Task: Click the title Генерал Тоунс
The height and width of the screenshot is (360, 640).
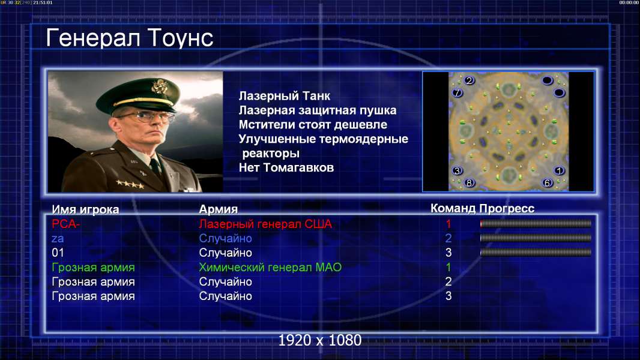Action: click(x=130, y=38)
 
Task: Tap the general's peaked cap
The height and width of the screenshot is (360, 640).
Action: click(x=138, y=95)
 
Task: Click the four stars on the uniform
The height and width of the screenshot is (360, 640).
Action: click(x=130, y=184)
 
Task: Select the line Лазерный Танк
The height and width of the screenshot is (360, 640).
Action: click(x=284, y=96)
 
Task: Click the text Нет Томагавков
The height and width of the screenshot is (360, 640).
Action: click(x=286, y=167)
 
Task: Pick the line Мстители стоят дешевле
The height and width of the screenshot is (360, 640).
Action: click(x=313, y=125)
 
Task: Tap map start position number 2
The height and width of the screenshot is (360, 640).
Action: click(x=469, y=80)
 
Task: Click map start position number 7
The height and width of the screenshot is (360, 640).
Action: click(x=457, y=93)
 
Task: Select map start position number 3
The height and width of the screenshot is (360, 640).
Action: click(x=457, y=170)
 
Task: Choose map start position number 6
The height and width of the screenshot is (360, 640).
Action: click(x=548, y=183)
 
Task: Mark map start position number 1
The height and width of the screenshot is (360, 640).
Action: click(x=559, y=170)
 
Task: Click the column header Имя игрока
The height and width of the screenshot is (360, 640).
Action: click(x=85, y=209)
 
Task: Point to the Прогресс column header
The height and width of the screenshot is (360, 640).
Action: click(x=507, y=209)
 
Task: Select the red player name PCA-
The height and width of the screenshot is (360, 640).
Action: click(x=65, y=224)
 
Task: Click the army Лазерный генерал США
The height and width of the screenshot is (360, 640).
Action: click(x=265, y=224)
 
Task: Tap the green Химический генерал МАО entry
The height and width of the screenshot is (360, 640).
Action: click(x=270, y=268)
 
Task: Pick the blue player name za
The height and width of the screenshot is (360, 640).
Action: click(x=58, y=239)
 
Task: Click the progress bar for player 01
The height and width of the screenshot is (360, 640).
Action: click(x=536, y=253)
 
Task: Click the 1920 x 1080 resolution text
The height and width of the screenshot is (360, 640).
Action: click(x=320, y=340)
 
